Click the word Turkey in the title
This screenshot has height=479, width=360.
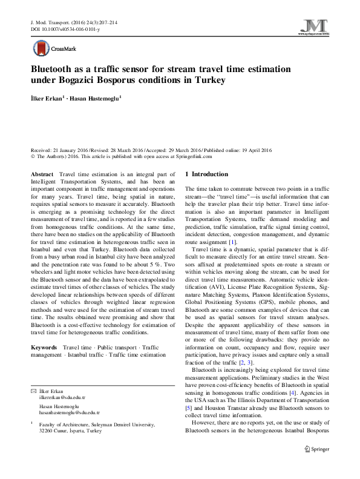(208, 80)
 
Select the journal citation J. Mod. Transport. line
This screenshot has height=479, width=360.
(73, 22)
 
